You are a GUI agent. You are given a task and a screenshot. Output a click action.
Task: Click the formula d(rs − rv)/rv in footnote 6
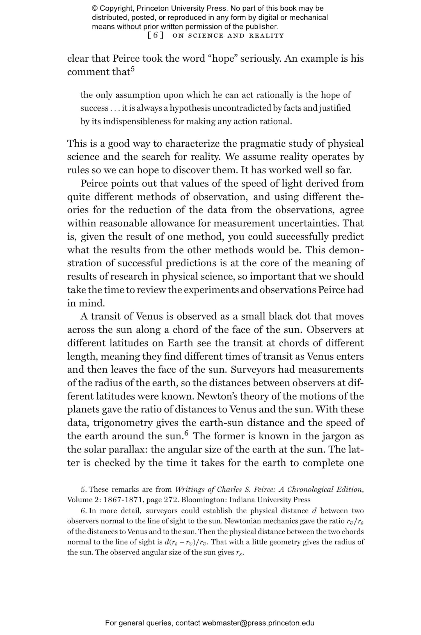[187, 542]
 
